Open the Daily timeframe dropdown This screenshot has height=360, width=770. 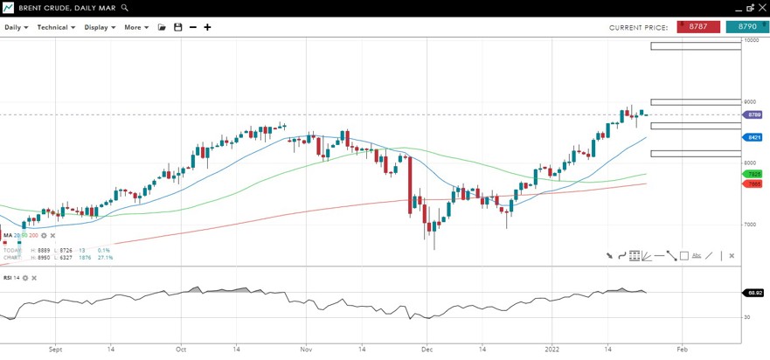tap(16, 27)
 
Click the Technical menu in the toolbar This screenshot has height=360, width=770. tap(55, 27)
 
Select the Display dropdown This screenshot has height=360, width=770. tap(99, 27)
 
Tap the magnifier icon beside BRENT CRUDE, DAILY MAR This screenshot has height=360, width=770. tap(125, 8)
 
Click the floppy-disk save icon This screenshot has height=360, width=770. tap(177, 27)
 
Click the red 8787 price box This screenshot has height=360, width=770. tap(697, 27)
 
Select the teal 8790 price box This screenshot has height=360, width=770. tap(747, 27)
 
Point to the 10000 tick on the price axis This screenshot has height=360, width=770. tap(750, 39)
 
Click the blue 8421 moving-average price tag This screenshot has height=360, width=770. tap(753, 138)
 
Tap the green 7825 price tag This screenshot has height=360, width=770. tap(753, 175)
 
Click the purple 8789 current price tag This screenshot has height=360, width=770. tap(753, 114)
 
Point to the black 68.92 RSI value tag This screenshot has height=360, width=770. tap(753, 293)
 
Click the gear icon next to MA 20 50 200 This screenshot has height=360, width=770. tap(44, 235)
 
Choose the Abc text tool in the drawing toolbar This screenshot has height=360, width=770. tap(697, 256)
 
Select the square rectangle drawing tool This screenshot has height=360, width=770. tap(684, 256)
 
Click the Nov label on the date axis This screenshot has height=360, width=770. tap(306, 350)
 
